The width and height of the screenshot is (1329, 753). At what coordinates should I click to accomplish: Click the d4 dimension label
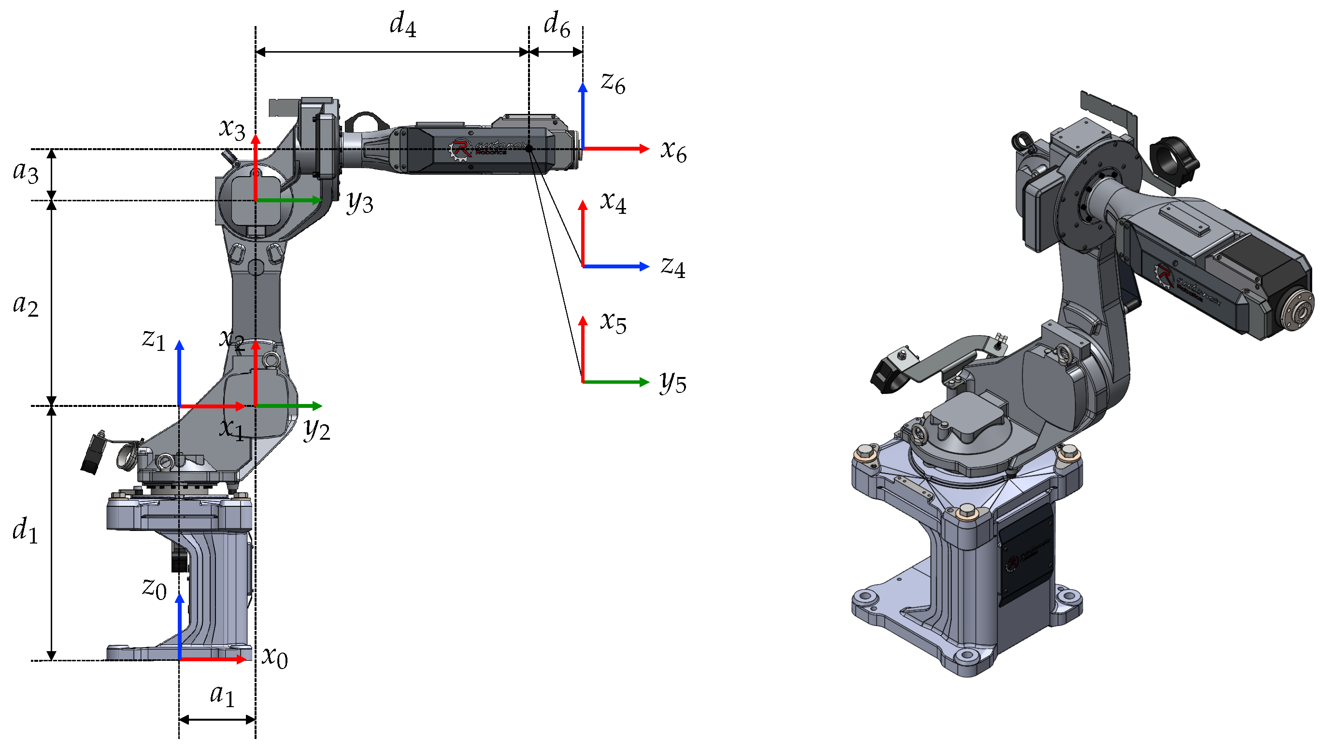402,25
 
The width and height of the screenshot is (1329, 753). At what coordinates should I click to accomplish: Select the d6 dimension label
557,25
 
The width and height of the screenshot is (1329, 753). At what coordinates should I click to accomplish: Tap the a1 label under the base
222,695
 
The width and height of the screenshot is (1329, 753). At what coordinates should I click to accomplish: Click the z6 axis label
613,83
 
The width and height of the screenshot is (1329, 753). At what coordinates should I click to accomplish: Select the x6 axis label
673,151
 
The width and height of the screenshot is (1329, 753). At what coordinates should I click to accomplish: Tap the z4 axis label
673,267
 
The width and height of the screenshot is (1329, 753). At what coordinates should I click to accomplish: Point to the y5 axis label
673,383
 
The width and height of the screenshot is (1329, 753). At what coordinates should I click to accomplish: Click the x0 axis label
274,657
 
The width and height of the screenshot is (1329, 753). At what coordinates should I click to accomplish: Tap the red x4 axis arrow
583,233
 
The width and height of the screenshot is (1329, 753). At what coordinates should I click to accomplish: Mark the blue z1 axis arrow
180,372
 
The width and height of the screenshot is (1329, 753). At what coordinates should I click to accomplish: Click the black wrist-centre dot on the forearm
529,149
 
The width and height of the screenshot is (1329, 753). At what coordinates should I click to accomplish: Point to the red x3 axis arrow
255,166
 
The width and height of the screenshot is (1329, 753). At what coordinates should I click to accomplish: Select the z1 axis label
153,339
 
